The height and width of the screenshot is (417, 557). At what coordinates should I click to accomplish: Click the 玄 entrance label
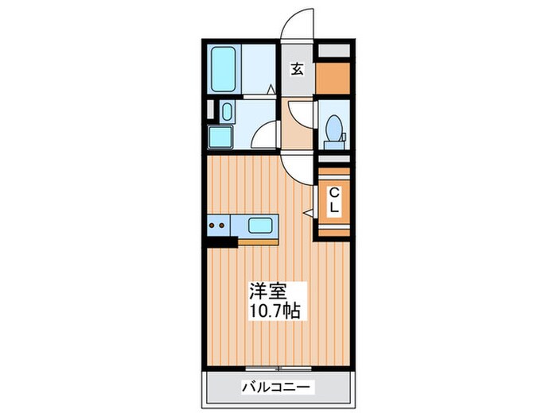tap(297, 69)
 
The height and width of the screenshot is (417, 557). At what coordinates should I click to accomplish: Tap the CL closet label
tap(334, 200)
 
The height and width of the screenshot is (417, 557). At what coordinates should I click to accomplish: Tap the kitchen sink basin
tap(261, 225)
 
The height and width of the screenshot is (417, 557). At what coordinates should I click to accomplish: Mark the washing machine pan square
tap(220, 137)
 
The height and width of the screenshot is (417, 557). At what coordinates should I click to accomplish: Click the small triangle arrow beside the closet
tap(307, 212)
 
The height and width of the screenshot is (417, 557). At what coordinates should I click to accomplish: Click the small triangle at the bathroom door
tap(271, 90)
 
